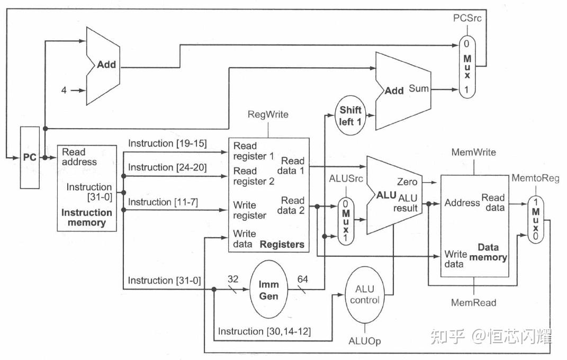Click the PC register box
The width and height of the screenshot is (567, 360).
30,158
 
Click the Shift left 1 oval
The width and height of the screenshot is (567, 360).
350,115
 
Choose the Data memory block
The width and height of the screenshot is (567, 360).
474,226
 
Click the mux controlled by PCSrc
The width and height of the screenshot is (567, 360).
467,66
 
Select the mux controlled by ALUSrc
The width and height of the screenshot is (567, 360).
346,221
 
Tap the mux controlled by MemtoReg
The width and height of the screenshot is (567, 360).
535,220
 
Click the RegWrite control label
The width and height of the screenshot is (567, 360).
268,114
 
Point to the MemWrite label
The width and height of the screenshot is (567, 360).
473,152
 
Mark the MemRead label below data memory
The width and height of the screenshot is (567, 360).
473,303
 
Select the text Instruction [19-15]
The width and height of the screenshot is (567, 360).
167,143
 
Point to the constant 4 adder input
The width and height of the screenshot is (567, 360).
64,91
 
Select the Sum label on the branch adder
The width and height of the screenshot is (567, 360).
418,89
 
